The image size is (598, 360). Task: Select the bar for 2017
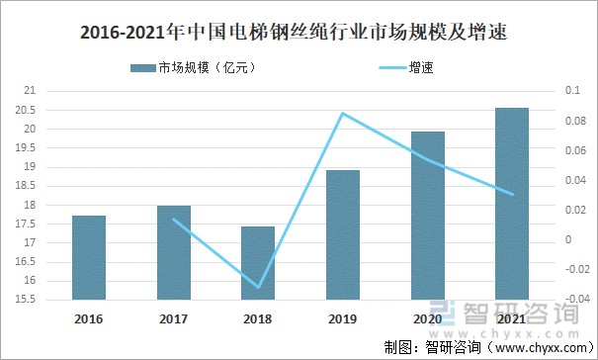click(x=174, y=252)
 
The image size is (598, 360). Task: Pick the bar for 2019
click(x=343, y=234)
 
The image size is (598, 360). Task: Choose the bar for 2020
click(x=428, y=215)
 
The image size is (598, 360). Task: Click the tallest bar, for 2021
click(x=512, y=203)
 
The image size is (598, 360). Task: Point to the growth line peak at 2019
click(x=343, y=113)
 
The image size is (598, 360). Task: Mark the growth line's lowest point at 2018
click(x=258, y=287)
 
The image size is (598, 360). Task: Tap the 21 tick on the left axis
click(x=29, y=91)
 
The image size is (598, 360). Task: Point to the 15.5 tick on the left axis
click(x=26, y=300)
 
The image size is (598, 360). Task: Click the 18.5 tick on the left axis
click(x=26, y=186)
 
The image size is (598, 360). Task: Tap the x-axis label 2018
click(x=258, y=318)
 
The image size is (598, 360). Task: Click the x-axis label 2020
click(x=428, y=318)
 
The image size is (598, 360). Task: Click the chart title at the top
click(x=299, y=33)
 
